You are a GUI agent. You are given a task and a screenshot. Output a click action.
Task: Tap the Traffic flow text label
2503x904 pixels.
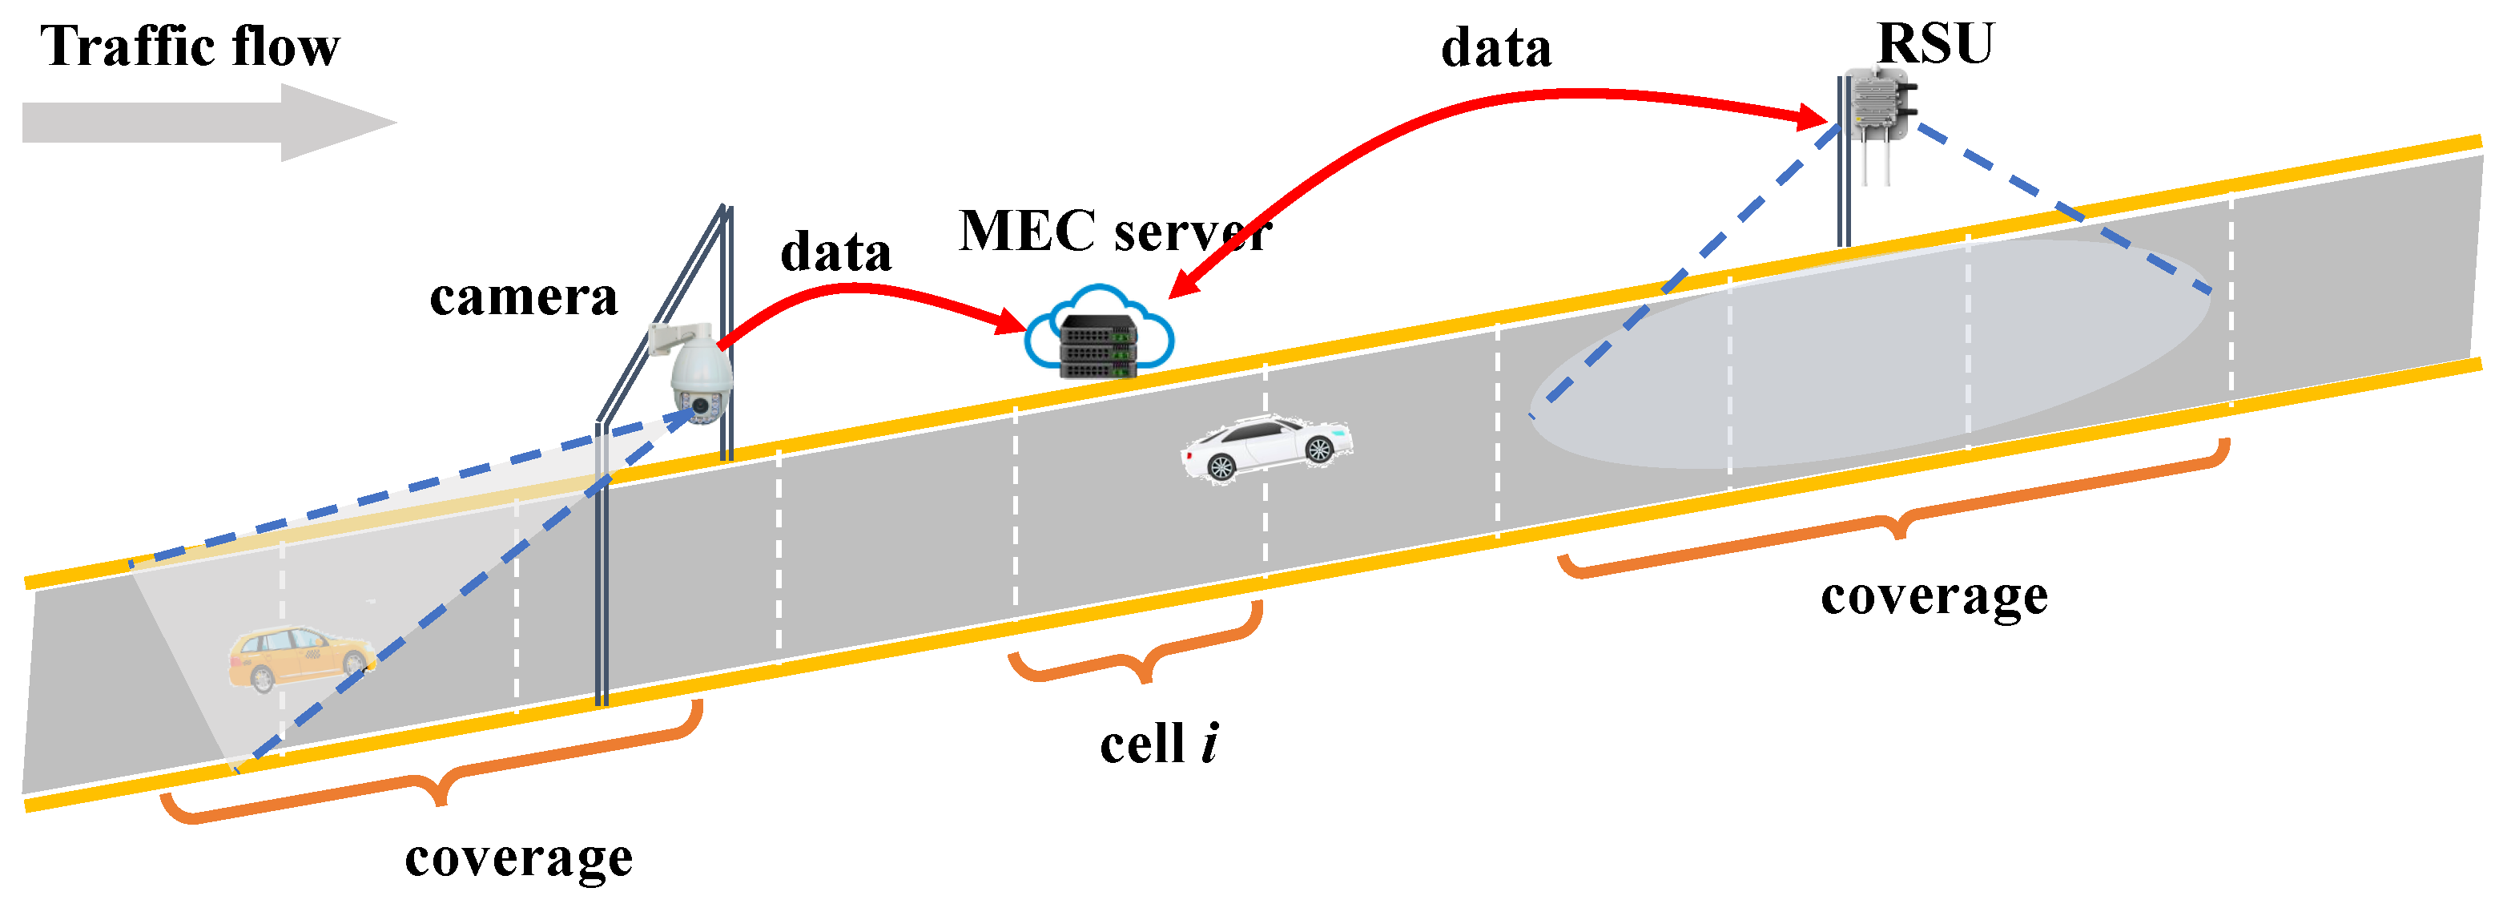point(190,46)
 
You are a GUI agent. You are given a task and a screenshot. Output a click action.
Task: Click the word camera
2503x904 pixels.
point(523,297)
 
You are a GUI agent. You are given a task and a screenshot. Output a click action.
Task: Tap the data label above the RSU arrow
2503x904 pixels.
point(1495,49)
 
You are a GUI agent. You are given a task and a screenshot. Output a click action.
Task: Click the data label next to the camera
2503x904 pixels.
point(835,252)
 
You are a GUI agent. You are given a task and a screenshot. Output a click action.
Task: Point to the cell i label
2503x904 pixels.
point(1159,745)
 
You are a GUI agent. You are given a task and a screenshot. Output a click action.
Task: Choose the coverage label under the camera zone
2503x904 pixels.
point(519,858)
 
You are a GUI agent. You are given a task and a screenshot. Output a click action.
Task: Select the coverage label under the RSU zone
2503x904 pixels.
point(1934,596)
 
